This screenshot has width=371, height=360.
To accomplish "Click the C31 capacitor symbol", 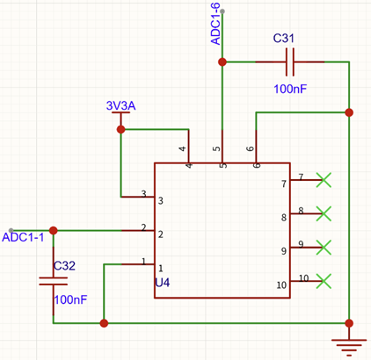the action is (x=290, y=62).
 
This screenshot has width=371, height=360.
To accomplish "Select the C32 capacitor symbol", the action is (x=54, y=281).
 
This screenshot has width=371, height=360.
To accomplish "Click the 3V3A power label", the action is (x=120, y=105).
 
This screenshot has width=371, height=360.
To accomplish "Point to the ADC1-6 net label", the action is (x=215, y=24).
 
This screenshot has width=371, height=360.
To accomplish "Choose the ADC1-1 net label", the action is (x=23, y=237).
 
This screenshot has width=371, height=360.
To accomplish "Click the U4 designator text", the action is (x=163, y=283).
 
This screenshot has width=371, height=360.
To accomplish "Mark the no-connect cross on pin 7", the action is (x=324, y=180).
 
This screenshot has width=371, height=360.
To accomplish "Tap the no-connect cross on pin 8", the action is (x=324, y=213).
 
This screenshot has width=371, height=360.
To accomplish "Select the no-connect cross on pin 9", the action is (x=324, y=248).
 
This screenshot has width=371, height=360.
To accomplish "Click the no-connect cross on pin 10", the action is (x=324, y=281).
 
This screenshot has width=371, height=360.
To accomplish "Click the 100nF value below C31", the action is (x=290, y=89).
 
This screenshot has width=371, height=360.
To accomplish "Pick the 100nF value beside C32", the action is (x=70, y=299).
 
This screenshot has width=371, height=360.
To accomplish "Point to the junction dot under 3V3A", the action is (x=120, y=129).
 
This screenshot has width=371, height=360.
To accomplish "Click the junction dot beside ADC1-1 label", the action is (x=53, y=231).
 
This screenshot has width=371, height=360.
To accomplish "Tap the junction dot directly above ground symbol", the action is (x=349, y=323).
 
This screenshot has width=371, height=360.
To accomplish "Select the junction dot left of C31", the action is (x=222, y=62).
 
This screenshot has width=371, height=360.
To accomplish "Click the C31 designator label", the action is (x=283, y=38).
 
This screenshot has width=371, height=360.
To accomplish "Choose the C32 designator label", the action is (x=64, y=266).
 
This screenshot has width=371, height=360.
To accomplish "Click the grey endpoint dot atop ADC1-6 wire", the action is (x=222, y=11).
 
